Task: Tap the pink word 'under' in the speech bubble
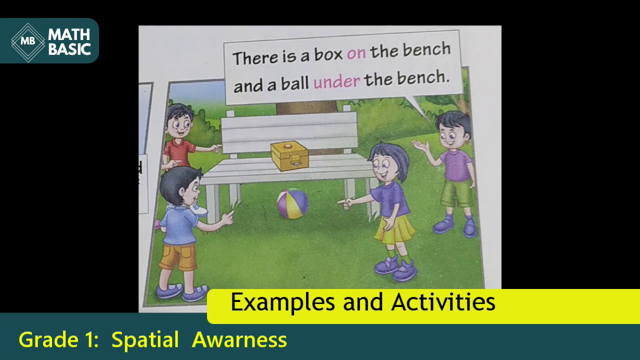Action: click(x=336, y=81)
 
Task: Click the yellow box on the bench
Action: click(x=289, y=155)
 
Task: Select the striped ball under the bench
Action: click(x=292, y=203)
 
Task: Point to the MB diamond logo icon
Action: click(x=28, y=41)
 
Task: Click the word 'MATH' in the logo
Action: click(x=69, y=34)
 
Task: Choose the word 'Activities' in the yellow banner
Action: click(x=443, y=302)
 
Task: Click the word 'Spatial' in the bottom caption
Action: click(x=145, y=340)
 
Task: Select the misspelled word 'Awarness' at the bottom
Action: click(x=239, y=340)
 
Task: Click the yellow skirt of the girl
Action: click(x=394, y=229)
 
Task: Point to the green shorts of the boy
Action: click(x=456, y=193)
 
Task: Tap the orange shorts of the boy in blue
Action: click(x=178, y=256)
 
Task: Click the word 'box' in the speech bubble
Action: click(x=328, y=55)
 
